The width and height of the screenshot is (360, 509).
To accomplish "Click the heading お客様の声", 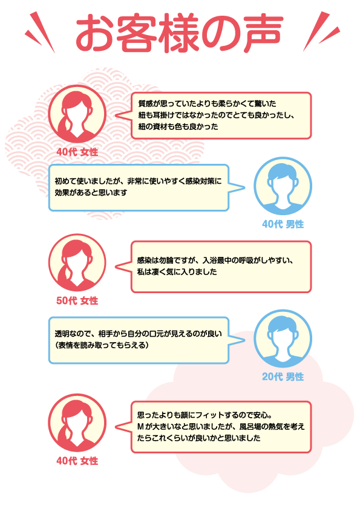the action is [179, 33].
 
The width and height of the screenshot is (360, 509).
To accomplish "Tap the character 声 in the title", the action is [264, 33].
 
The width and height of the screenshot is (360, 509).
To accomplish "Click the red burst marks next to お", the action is [41, 32].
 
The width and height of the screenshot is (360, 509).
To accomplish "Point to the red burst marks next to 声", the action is [321, 31].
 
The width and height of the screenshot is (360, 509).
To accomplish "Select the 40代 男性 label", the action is [283, 224].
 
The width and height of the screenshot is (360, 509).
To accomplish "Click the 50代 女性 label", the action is [77, 300].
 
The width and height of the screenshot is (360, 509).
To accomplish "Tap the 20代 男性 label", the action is [283, 377].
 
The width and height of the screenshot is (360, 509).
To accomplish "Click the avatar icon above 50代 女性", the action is [77, 262].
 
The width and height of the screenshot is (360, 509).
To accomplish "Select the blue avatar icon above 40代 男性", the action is [283, 186].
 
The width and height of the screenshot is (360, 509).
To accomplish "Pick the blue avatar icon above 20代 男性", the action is [283, 339].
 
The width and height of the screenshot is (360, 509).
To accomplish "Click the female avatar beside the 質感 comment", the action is [77, 114].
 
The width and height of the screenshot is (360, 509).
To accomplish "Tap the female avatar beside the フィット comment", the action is [77, 423].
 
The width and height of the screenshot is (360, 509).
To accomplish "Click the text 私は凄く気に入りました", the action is [177, 271].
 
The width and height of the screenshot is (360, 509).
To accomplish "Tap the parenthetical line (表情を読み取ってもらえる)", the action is [102, 345].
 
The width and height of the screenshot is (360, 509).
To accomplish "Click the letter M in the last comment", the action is [140, 427].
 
